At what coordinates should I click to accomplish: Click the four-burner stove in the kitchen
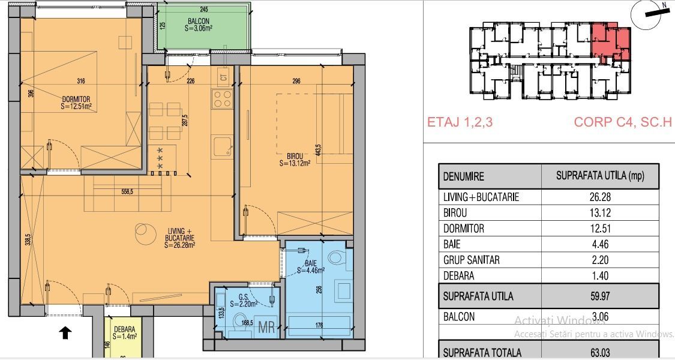222,99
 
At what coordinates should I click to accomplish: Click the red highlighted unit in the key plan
611,43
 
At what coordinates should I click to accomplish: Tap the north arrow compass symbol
650,13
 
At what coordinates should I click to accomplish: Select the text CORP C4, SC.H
622,122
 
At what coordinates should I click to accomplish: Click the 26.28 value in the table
599,197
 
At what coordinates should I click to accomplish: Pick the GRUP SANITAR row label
471,260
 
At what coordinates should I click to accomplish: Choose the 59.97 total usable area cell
599,296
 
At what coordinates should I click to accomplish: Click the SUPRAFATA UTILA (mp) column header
599,176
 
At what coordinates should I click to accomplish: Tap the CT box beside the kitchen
224,77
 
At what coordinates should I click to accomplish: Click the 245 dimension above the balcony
203,9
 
